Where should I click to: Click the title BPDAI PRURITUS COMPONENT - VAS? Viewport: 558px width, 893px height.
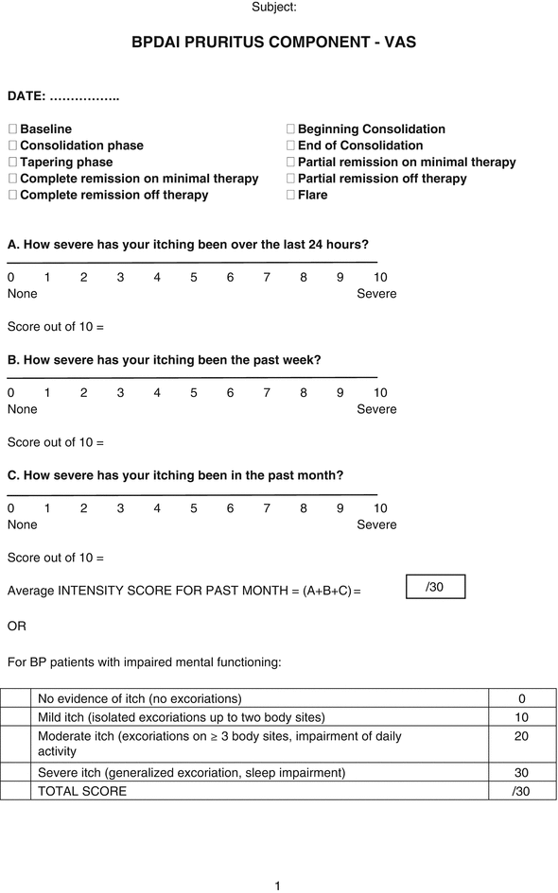pos(274,43)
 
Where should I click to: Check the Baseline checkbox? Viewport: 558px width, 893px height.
pos(13,129)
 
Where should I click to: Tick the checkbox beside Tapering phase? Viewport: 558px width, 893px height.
pos(13,163)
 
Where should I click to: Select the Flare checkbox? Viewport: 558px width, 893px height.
pos(291,196)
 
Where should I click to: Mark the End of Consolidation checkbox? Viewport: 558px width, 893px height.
pos(291,146)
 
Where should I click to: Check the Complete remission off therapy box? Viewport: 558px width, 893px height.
pos(13,196)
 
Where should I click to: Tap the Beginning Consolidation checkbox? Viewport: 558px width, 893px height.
pos(291,129)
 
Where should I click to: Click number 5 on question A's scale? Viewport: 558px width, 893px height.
pos(194,277)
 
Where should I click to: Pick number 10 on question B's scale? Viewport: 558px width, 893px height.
pos(379,392)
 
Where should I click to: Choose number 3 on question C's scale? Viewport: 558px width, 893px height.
pos(120,508)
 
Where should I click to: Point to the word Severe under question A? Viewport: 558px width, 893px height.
pos(376,294)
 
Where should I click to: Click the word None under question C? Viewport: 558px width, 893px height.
pos(23,524)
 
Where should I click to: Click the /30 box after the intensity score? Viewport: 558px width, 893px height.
pos(435,587)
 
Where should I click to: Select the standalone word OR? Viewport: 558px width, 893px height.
pos(17,627)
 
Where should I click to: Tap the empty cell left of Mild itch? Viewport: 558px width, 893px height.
pos(16,717)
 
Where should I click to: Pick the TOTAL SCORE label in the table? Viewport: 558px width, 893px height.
pos(81,791)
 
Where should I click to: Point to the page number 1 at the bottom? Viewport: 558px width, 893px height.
pos(277,885)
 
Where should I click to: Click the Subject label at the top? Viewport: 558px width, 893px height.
pos(274,8)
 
